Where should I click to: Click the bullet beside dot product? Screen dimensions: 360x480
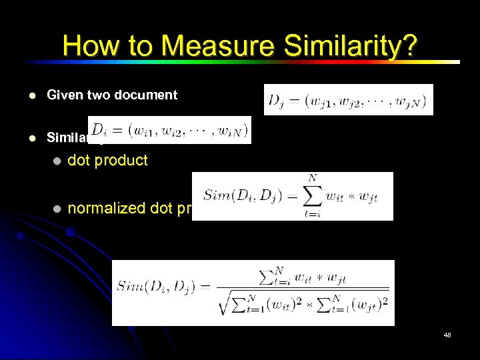[x=57, y=161]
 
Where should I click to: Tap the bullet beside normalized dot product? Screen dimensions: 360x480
[x=57, y=209]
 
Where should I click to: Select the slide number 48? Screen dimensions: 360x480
[x=447, y=335]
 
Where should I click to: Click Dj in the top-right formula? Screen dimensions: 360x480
[x=275, y=102]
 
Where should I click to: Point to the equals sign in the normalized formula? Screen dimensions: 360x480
[x=206, y=287]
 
